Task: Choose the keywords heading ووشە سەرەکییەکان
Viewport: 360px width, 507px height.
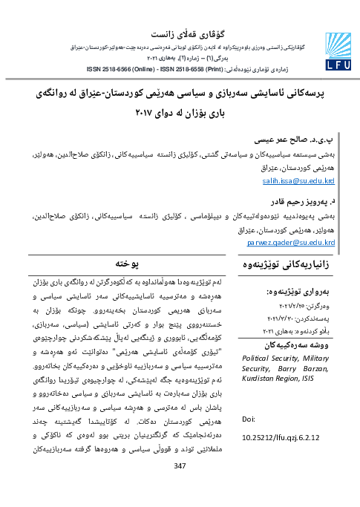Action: coord(296,345)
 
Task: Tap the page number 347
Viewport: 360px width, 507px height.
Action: coord(179,486)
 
